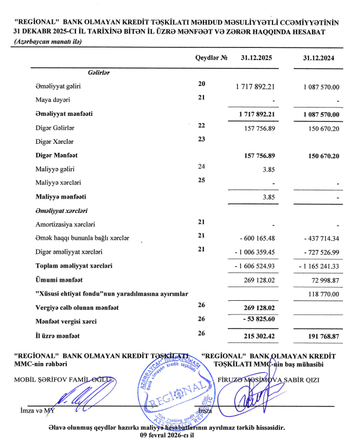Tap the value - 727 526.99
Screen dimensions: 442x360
(x=319, y=252)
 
